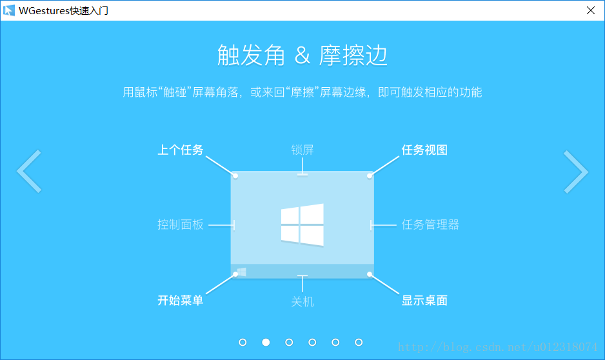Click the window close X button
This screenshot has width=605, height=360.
click(590, 10)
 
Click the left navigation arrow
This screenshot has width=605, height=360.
click(29, 172)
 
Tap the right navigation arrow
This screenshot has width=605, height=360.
click(575, 172)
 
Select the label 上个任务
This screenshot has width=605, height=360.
click(181, 150)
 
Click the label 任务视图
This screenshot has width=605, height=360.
click(424, 150)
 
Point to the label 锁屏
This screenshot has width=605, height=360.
click(302, 150)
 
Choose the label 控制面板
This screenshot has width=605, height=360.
click(181, 225)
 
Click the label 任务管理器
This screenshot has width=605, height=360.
click(430, 225)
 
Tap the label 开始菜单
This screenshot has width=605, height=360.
click(181, 300)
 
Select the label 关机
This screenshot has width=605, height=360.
click(302, 301)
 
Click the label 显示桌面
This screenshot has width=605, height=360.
click(424, 300)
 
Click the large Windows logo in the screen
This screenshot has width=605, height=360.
click(302, 225)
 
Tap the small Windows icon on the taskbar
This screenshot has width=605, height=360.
click(241, 272)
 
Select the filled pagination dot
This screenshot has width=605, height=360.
click(266, 342)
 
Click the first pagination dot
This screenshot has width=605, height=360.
click(243, 342)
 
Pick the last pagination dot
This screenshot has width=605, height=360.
click(359, 342)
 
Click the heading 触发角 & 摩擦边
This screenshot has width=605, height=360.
click(302, 56)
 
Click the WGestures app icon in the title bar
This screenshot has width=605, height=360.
click(9, 10)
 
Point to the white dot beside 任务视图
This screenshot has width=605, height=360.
click(370, 175)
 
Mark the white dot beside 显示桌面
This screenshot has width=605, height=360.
click(370, 274)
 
